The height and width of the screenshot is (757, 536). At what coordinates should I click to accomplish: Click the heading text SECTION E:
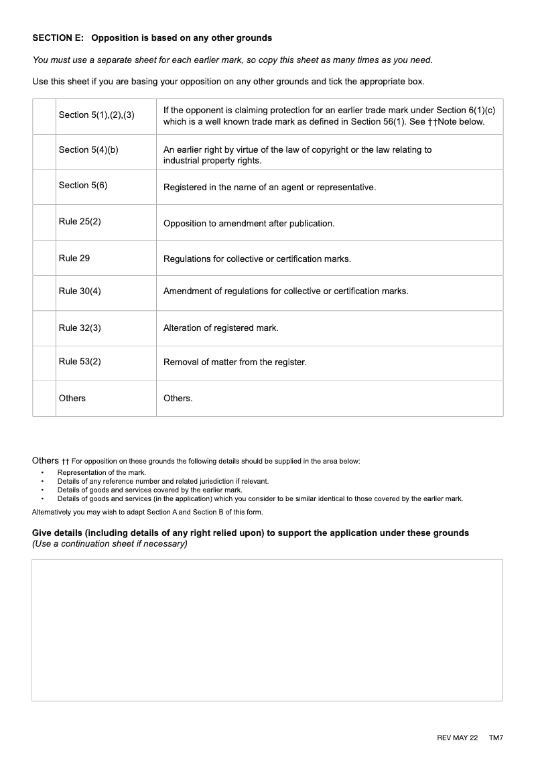click(58, 38)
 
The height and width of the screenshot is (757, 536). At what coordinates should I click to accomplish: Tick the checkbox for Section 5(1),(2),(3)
click(44, 116)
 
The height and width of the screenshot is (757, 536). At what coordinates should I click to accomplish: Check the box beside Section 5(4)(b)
click(44, 151)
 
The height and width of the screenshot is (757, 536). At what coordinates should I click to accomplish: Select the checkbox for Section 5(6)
click(44, 187)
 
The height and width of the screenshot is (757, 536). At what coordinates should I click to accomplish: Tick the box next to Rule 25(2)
click(44, 222)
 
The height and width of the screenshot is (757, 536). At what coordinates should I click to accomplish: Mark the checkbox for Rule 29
click(44, 258)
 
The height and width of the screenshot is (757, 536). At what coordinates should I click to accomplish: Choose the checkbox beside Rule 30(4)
click(44, 293)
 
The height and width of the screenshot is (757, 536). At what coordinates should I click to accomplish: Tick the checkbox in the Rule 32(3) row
click(44, 328)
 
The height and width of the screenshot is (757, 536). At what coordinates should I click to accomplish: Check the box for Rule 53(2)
click(44, 363)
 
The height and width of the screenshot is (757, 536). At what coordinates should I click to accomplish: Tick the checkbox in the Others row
click(44, 399)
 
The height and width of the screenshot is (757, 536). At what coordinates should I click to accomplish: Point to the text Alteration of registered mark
click(220, 328)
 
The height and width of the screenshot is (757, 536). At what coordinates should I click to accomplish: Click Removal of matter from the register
click(234, 362)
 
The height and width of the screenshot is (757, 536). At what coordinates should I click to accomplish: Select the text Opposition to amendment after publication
click(249, 224)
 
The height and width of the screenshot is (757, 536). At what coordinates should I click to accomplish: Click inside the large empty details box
click(267, 630)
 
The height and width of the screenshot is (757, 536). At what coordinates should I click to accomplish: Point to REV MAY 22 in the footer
click(457, 738)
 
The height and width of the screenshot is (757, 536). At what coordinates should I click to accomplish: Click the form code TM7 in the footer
click(496, 738)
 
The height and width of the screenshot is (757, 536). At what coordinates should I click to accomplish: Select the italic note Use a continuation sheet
click(110, 544)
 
